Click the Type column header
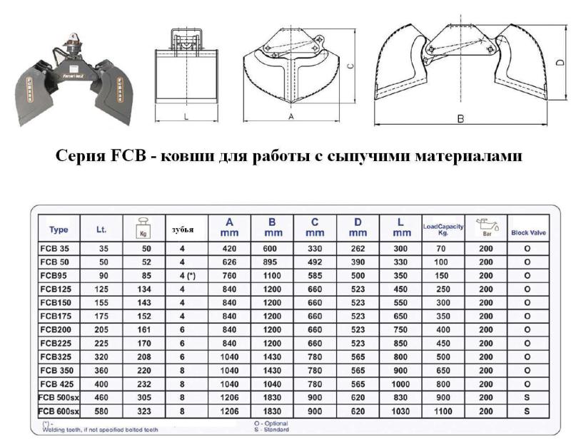59,230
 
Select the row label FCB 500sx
59,398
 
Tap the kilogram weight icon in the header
143,228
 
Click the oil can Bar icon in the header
487,227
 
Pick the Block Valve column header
528,233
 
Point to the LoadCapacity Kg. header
443,229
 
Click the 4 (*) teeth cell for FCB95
188,276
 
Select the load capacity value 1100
443,411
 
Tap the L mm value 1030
400,411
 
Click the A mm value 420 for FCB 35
229,249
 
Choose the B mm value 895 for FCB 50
270,262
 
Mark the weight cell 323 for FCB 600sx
144,411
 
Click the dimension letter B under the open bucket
460,118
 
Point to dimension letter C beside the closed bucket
350,66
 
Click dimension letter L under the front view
186,117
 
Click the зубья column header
183,230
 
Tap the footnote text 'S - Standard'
271,430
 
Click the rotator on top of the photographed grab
74,43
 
